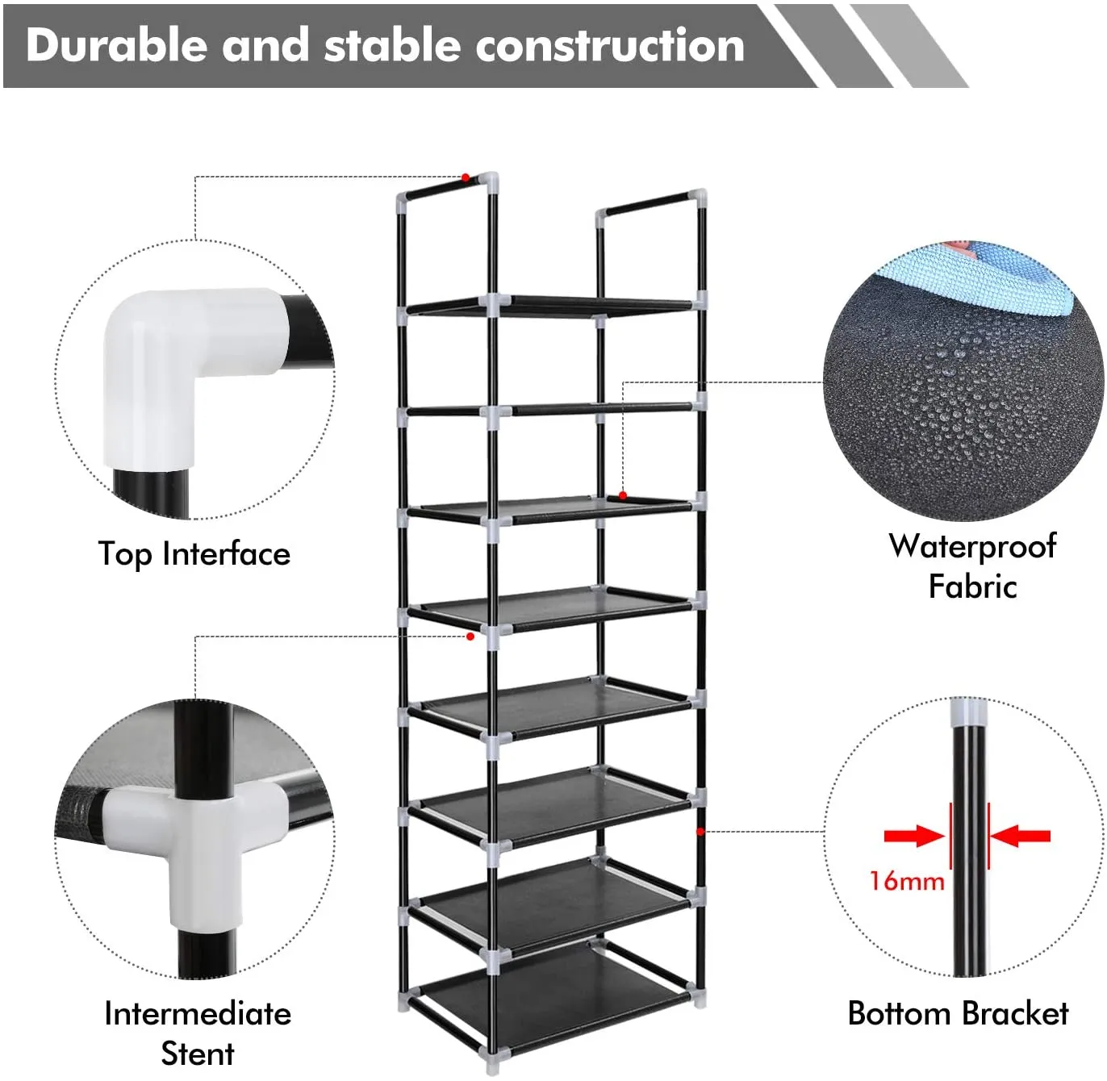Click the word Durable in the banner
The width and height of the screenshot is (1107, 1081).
click(x=117, y=45)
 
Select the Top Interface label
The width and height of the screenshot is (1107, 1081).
click(x=194, y=554)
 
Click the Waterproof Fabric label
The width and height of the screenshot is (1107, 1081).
click(x=972, y=566)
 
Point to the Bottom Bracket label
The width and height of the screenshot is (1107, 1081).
click(x=958, y=1013)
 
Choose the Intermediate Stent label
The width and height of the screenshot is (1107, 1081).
click(x=198, y=1033)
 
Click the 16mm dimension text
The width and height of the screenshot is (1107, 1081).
click(x=907, y=882)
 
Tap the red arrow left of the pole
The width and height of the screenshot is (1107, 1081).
click(x=914, y=836)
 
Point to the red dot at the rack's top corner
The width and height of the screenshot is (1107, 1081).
click(x=466, y=177)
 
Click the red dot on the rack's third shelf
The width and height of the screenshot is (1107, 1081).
click(x=623, y=496)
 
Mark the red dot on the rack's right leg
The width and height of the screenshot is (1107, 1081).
click(x=700, y=832)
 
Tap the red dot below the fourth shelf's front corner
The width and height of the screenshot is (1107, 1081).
click(x=470, y=636)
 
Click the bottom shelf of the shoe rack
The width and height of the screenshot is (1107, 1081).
click(x=554, y=990)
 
